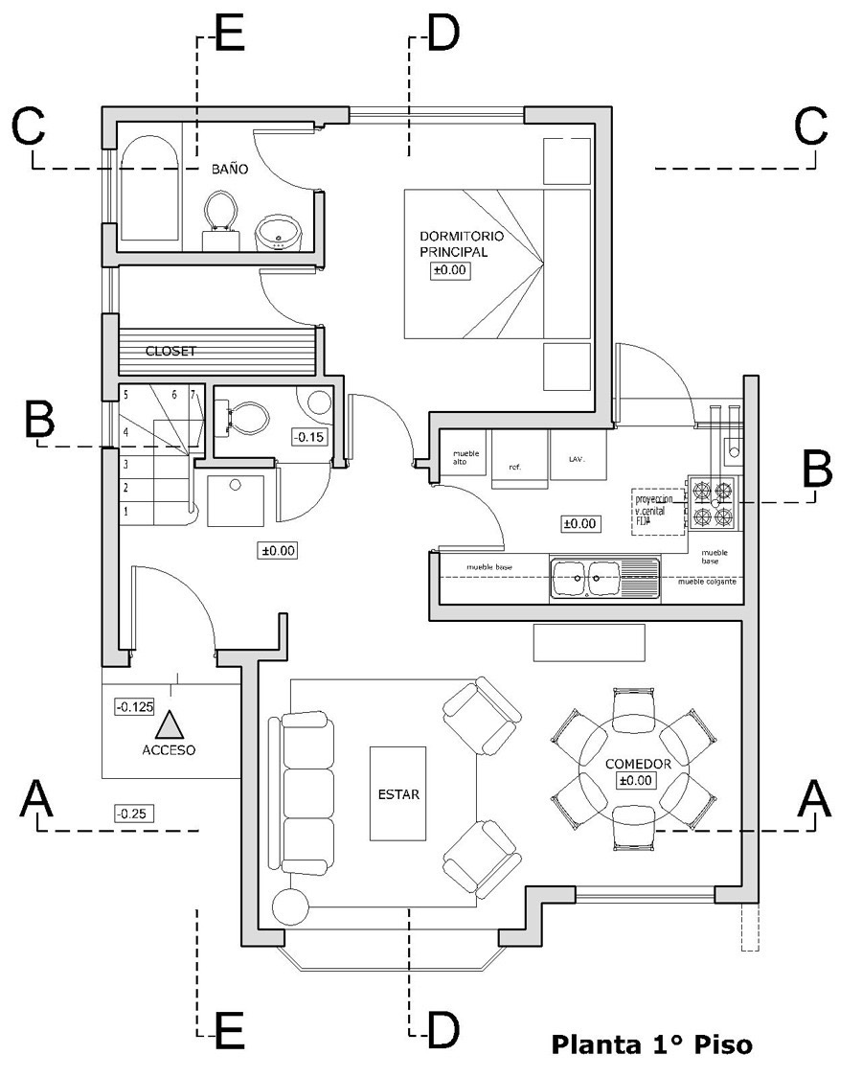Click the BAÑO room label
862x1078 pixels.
[x=230, y=170]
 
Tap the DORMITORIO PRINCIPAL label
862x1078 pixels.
[x=461, y=244]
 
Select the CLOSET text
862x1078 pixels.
[x=170, y=352]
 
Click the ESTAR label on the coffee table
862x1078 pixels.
[x=399, y=793]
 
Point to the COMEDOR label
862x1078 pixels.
[x=638, y=764]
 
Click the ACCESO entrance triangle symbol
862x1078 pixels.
[x=170, y=725]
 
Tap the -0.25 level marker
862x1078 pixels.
[x=133, y=814]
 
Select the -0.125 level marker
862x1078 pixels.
[x=134, y=707]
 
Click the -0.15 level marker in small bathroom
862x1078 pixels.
[x=308, y=437]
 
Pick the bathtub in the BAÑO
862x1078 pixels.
[x=148, y=188]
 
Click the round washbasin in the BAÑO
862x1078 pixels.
[x=278, y=231]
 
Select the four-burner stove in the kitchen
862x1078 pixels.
[x=714, y=505]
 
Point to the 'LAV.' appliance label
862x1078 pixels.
[x=576, y=459]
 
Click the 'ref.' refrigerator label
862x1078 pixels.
[x=514, y=467]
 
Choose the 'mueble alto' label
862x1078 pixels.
[x=466, y=458]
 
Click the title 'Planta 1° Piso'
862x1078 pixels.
[x=651, y=1044]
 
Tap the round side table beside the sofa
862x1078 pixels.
[x=290, y=906]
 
